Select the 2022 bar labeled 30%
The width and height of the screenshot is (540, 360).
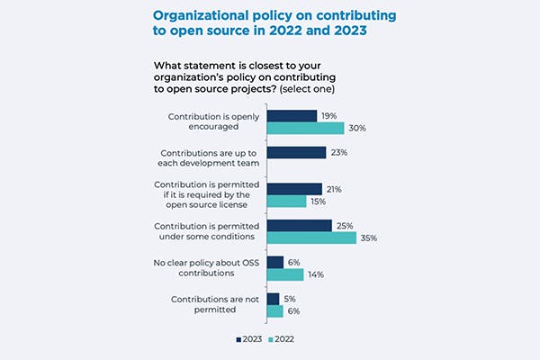click(x=305, y=129)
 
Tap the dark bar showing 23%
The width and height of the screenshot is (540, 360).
click(x=296, y=153)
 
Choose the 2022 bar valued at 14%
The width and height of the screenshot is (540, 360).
click(x=284, y=274)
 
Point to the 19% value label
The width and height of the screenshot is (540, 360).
click(x=328, y=116)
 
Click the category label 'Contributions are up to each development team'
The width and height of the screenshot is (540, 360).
click(x=208, y=157)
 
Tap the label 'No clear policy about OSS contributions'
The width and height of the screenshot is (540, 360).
click(x=205, y=267)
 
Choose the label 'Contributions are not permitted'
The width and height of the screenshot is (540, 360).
click(x=210, y=303)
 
